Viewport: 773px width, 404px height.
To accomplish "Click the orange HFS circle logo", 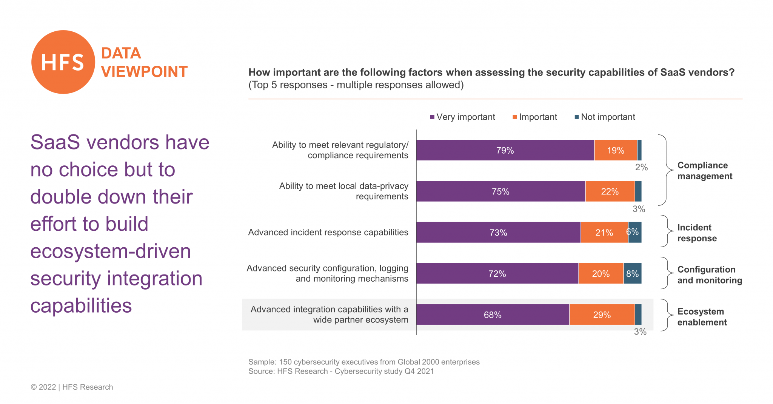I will [x=63, y=62].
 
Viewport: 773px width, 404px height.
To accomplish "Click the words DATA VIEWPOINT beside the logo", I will [x=144, y=63].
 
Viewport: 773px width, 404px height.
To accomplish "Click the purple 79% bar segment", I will [x=505, y=150].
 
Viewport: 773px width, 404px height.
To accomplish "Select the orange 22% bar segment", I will [x=610, y=191].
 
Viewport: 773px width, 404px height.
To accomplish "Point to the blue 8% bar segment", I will [x=632, y=273].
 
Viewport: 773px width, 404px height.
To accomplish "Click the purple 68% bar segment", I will [x=493, y=315].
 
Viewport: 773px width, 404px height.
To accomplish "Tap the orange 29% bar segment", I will [x=602, y=315].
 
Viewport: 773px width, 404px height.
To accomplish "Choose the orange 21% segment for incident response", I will [x=604, y=233].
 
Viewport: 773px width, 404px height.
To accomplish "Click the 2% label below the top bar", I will [x=641, y=167].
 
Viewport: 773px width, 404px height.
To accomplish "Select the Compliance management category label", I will [x=704, y=171].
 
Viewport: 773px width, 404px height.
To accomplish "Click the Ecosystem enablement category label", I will [x=702, y=317].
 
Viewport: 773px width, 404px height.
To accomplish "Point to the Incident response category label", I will [x=696, y=233].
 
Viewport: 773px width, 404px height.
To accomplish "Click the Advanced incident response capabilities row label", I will [x=328, y=232].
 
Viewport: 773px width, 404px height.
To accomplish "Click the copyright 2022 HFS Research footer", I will [x=72, y=387].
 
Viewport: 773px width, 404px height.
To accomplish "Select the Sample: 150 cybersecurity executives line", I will [x=363, y=362].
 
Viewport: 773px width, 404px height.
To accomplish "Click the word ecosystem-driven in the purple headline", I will [x=111, y=251].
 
